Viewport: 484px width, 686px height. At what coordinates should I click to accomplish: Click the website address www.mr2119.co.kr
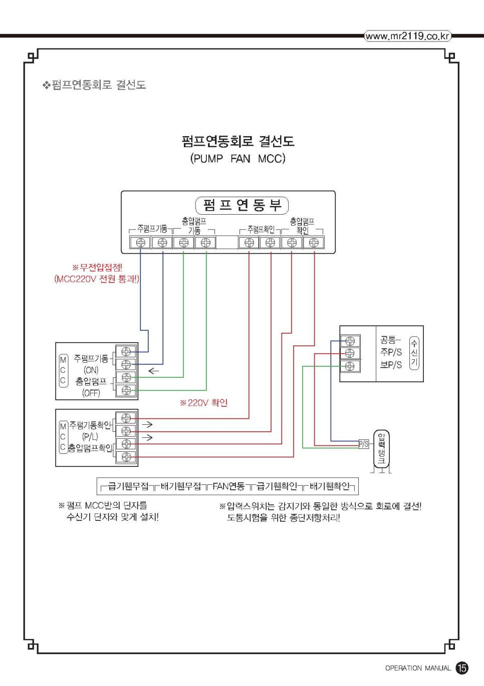click(x=407, y=36)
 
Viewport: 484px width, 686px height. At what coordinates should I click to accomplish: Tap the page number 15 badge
click(x=462, y=667)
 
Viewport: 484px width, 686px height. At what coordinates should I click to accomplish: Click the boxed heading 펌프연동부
click(x=242, y=205)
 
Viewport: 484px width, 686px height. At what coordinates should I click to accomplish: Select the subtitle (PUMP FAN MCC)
click(x=237, y=159)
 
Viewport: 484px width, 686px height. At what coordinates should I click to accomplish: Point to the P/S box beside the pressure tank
click(x=364, y=444)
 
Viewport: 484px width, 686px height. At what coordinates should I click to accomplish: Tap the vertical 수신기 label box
click(x=414, y=353)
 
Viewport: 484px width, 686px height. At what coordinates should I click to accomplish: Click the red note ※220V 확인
click(x=204, y=403)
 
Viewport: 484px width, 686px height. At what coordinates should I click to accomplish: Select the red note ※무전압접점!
click(x=97, y=268)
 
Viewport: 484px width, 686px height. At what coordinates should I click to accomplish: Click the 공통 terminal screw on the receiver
click(x=350, y=341)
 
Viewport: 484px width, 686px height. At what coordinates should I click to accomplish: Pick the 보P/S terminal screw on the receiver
click(x=350, y=366)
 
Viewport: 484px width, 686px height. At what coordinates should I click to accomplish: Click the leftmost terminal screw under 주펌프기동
click(x=141, y=243)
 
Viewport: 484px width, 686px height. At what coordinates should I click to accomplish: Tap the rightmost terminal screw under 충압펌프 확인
click(x=314, y=243)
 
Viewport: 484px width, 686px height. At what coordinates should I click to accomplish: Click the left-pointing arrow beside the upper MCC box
click(x=153, y=371)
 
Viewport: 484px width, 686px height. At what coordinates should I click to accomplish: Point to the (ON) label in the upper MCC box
click(x=91, y=370)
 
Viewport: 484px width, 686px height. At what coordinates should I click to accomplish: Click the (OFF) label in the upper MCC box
click(x=91, y=393)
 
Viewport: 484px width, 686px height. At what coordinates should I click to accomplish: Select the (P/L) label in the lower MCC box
click(x=90, y=436)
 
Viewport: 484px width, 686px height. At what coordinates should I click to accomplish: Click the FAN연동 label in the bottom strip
click(x=228, y=486)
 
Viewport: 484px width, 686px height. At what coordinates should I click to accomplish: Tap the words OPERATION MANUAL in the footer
click(x=418, y=668)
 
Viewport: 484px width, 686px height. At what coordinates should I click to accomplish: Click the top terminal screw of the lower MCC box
click(x=126, y=418)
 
